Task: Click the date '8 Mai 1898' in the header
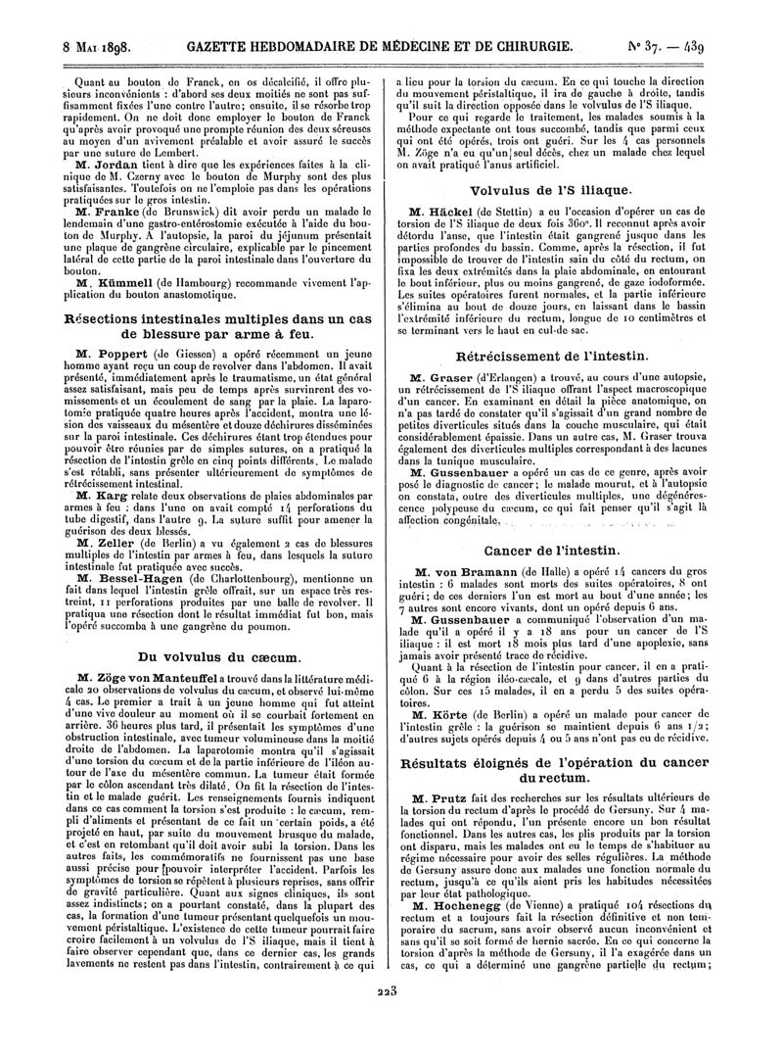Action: pyautogui.click(x=98, y=46)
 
